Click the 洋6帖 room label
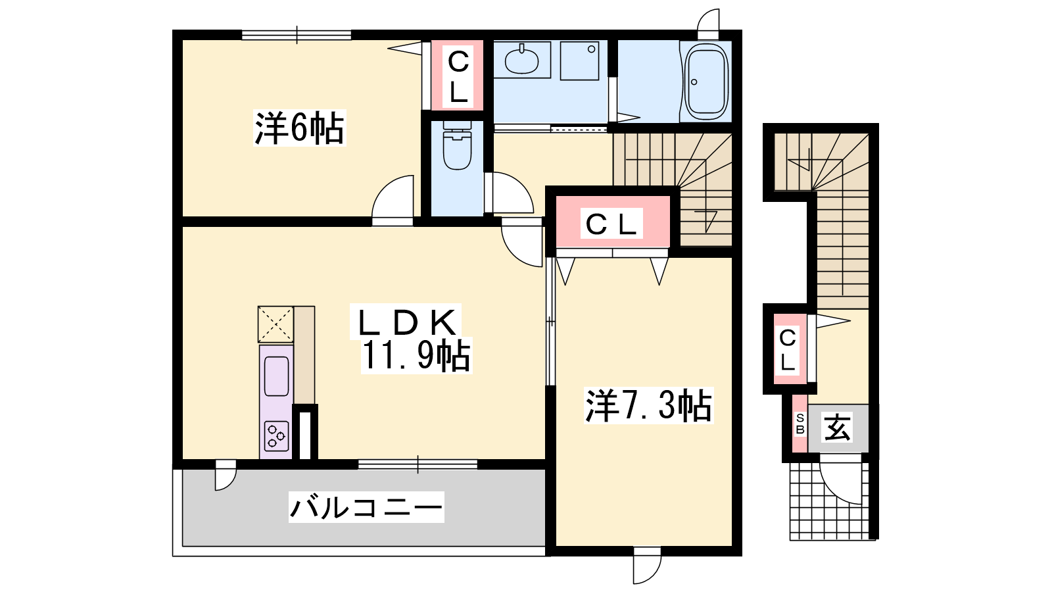300,128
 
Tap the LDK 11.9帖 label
411,338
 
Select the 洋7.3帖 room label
648,405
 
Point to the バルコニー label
366,507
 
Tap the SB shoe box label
800,424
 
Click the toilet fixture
458,145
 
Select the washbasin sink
522,60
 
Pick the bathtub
707,82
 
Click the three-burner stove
276,436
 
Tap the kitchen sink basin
276,376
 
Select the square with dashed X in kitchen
275,324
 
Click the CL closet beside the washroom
458,76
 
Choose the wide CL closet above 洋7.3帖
612,221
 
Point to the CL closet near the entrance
790,349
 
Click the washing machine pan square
579,61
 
